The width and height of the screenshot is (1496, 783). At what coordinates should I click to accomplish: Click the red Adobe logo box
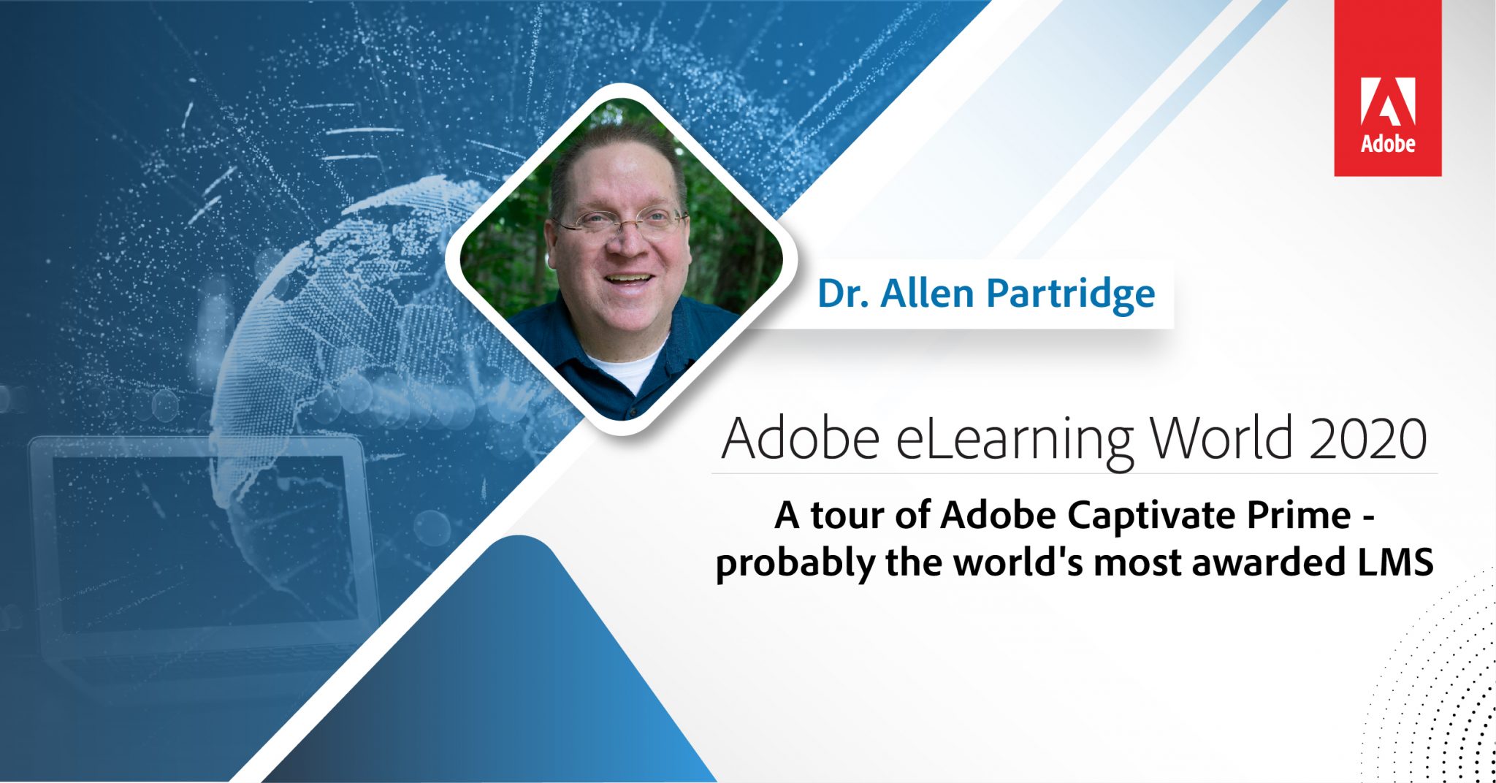(x=1387, y=88)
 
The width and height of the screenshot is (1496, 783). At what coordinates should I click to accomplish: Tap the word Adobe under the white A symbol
(x=1387, y=143)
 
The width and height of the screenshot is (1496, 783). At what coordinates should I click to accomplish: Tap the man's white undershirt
(x=625, y=370)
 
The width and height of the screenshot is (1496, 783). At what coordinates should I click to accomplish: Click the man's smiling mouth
(x=628, y=279)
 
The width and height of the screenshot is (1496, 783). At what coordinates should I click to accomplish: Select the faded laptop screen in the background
(x=197, y=541)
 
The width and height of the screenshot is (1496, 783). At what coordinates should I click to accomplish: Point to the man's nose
(x=627, y=245)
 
